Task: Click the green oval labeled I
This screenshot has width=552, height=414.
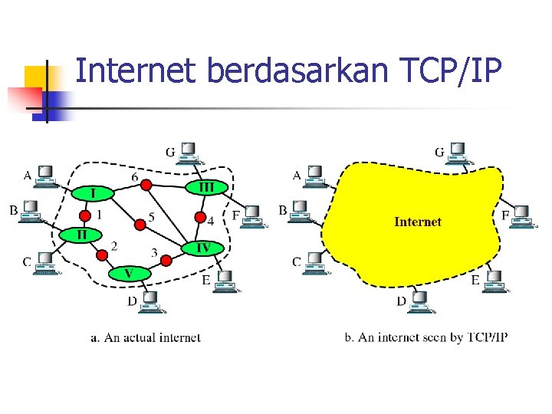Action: click(93, 192)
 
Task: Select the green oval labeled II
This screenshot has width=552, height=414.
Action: click(79, 233)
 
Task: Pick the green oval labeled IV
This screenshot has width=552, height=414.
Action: click(203, 248)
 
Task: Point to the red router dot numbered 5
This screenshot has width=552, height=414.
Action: click(140, 224)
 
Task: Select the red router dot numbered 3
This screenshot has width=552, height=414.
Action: click(164, 261)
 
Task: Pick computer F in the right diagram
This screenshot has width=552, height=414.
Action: click(523, 217)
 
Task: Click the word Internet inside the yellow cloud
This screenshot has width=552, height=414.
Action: click(418, 222)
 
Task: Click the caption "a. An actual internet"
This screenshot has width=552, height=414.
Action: click(145, 337)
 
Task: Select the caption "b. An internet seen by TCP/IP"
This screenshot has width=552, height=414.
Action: click(426, 337)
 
